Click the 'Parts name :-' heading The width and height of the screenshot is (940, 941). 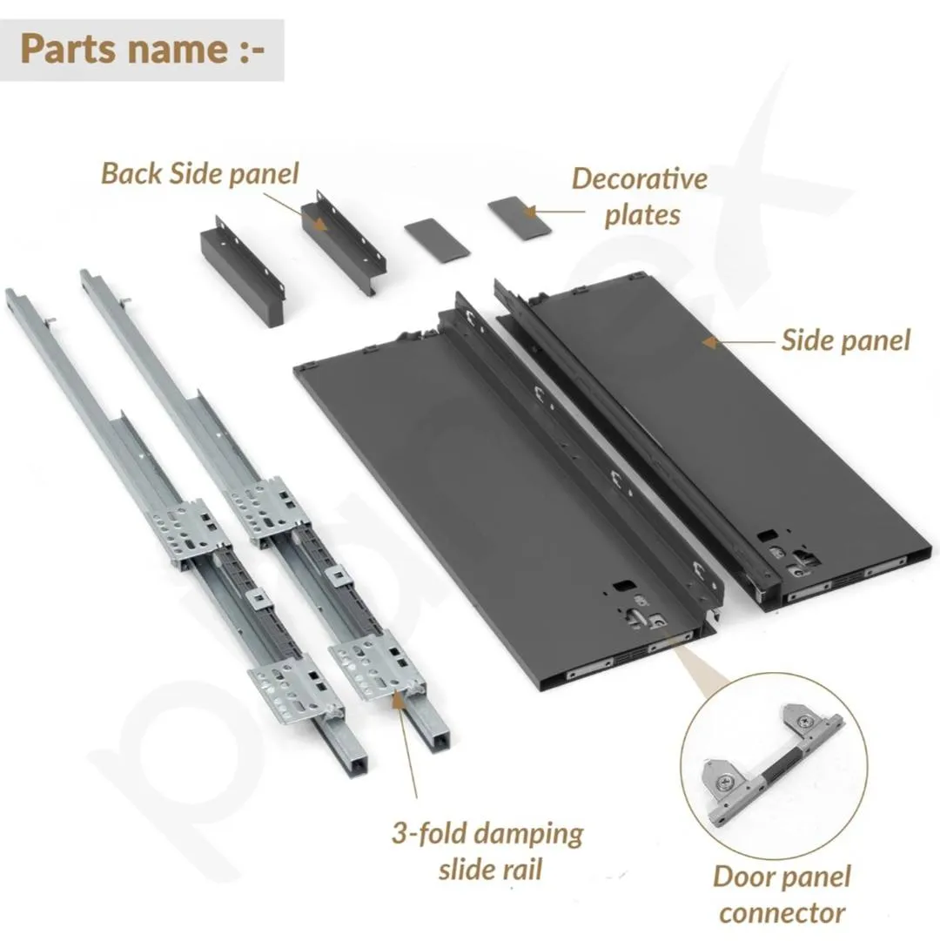[142, 50]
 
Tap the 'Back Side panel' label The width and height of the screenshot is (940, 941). [200, 173]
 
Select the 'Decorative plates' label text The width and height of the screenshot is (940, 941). [641, 197]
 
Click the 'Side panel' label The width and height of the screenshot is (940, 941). [846, 340]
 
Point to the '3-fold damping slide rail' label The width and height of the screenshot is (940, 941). [487, 851]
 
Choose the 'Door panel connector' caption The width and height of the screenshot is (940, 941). [782, 894]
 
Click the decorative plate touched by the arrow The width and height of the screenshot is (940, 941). [519, 218]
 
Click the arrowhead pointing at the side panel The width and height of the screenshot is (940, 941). [709, 343]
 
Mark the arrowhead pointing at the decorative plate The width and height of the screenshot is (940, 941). [529, 212]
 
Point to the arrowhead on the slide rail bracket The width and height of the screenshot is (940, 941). [397, 700]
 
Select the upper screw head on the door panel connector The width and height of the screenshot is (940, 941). [804, 723]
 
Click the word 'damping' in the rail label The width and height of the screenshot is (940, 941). [530, 835]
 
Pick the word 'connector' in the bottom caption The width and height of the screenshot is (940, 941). [782, 913]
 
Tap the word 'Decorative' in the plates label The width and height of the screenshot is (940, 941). [640, 178]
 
